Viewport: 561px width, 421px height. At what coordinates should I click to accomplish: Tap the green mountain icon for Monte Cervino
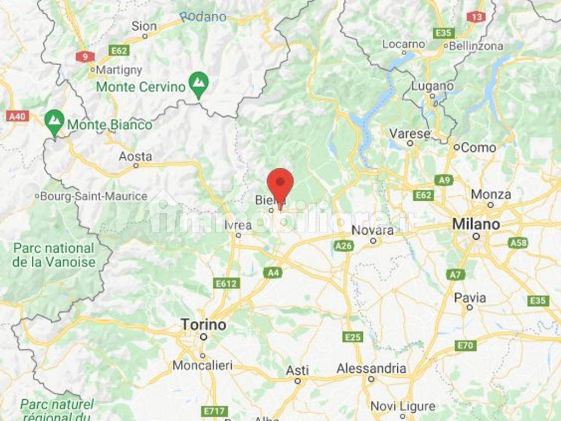[x=198, y=83]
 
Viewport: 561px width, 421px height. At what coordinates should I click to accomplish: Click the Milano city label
[x=476, y=224]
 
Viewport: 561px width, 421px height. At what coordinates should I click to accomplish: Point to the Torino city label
[x=203, y=325]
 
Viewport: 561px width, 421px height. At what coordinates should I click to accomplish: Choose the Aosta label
[x=135, y=157]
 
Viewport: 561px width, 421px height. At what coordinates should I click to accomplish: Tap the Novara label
[x=373, y=231]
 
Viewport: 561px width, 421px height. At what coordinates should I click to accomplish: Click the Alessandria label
[x=371, y=368]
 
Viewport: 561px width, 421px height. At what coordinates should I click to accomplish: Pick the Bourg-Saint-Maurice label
[x=94, y=196]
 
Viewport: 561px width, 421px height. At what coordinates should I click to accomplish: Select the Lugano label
[x=432, y=86]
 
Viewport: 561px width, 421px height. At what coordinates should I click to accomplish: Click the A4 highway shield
[x=272, y=272]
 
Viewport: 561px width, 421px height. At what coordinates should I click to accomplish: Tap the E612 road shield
[x=226, y=283]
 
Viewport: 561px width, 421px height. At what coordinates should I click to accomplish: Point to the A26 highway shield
[x=343, y=246]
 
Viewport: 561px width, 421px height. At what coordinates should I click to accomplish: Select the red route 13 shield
[x=476, y=16]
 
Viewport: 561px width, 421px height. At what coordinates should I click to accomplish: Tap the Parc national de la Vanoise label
[x=54, y=255]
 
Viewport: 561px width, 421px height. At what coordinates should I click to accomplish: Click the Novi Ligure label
[x=403, y=406]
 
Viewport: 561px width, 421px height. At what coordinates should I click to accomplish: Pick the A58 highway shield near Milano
[x=517, y=242]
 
